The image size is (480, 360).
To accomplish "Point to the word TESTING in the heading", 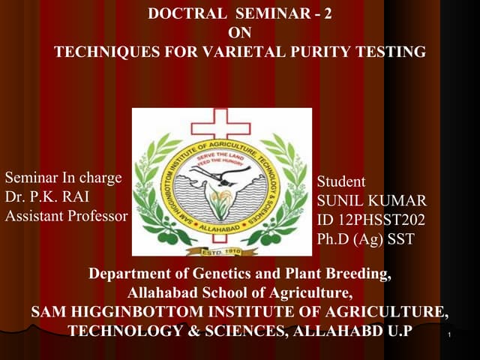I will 391,52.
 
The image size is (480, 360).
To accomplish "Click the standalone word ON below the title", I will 239,33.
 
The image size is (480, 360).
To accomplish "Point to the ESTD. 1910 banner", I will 221,251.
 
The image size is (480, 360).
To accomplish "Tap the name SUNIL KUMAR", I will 372,201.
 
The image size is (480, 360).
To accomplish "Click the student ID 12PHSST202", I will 371,220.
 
